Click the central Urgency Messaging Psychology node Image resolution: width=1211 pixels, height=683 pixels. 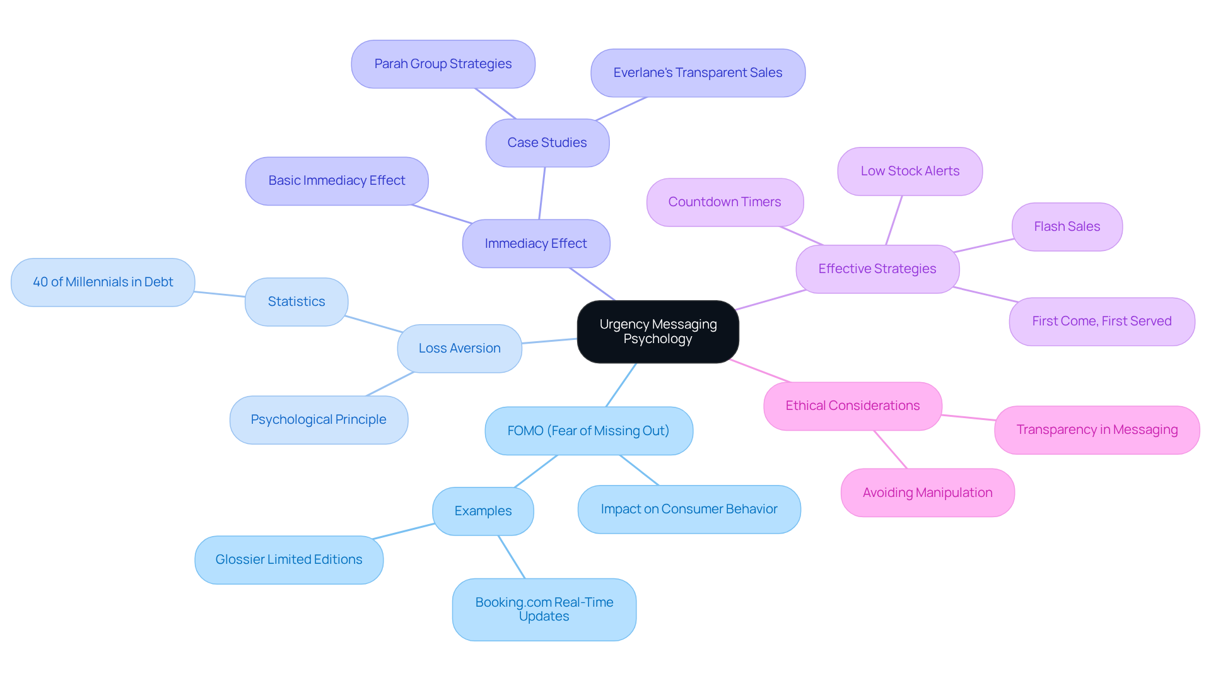658,332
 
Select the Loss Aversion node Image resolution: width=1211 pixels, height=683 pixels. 459,348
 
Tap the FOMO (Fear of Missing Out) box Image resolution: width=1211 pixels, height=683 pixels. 588,431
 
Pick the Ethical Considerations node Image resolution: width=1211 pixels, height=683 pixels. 852,406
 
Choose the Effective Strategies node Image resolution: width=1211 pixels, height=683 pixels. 877,269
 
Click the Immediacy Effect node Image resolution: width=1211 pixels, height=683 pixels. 535,243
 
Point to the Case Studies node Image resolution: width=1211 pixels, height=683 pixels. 547,143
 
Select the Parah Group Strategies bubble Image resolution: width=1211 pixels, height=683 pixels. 443,64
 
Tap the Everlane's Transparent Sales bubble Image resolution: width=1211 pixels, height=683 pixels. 698,73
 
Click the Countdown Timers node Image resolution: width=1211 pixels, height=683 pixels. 725,202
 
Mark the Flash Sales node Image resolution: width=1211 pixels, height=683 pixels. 1067,226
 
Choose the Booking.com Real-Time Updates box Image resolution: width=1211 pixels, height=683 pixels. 544,609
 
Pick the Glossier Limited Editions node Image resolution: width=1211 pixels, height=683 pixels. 289,559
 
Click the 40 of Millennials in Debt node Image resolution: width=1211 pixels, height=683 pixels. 103,282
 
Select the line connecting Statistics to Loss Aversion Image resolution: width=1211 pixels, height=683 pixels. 374,324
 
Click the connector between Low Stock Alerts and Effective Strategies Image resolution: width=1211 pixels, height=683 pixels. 894,221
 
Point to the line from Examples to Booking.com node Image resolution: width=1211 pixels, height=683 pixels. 512,557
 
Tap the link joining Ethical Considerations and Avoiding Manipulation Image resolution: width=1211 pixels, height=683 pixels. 890,449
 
